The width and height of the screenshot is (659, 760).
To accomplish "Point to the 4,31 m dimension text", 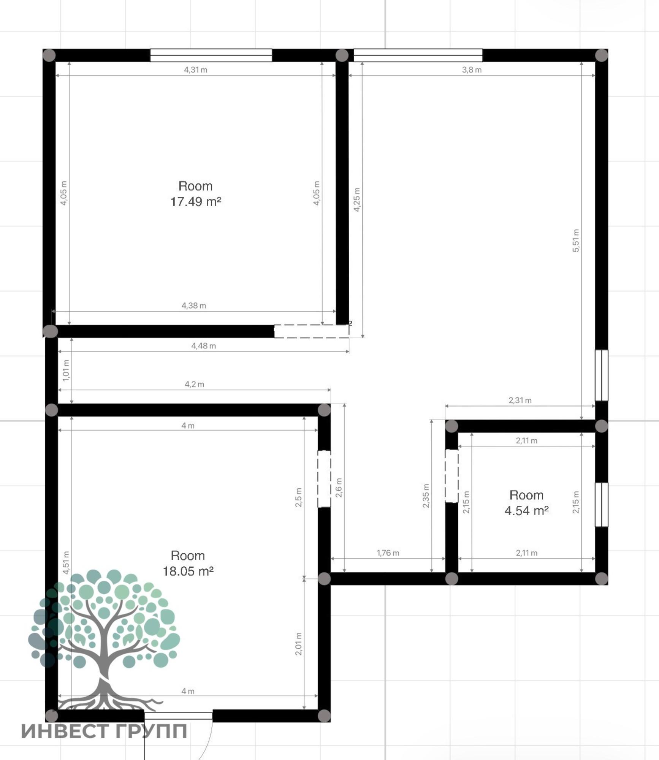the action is (196, 70).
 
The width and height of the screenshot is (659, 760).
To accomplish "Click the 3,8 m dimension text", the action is (472, 70).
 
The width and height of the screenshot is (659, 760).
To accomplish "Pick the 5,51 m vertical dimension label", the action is (576, 240).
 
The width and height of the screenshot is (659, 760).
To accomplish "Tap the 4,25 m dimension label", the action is (357, 199).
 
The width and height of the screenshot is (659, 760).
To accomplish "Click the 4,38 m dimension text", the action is (194, 306).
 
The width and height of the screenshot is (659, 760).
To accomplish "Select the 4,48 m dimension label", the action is (203, 346).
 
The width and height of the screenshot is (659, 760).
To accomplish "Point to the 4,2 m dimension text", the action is (194, 384).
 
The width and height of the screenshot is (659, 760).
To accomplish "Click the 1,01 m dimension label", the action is (66, 370).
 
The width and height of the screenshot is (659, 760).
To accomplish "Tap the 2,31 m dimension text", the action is (520, 400).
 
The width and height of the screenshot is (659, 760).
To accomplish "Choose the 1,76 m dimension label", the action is (388, 553).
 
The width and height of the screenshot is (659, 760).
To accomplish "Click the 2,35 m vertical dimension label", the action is (426, 496).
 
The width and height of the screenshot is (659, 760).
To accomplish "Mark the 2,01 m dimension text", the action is (298, 644).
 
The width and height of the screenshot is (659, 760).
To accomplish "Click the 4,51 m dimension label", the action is (66, 562).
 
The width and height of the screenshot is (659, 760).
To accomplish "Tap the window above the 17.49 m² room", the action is (211, 55).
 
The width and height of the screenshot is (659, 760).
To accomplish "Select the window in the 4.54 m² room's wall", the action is (601, 505).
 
